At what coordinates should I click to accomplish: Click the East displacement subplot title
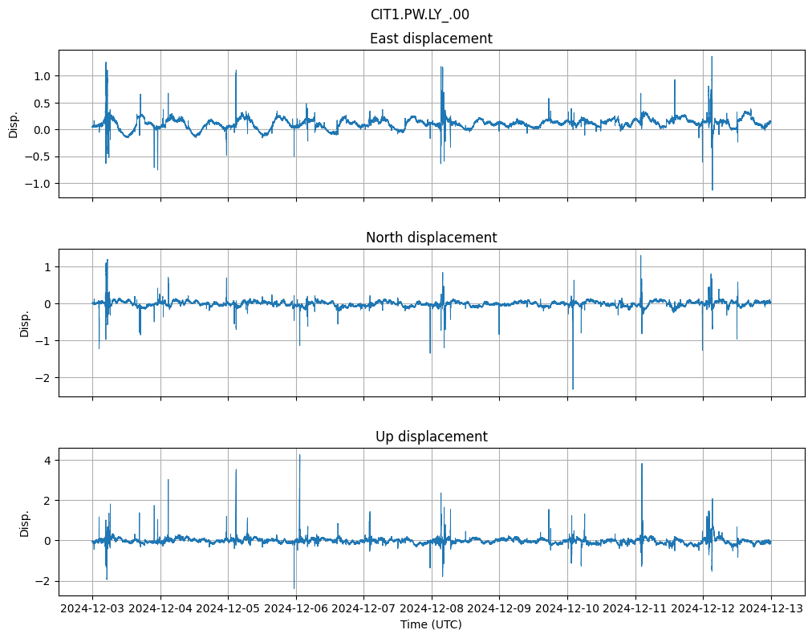(x=431, y=39)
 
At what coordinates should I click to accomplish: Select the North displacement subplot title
(x=431, y=238)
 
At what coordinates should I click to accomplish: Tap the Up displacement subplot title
(x=431, y=437)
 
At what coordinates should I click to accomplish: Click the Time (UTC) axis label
(x=431, y=624)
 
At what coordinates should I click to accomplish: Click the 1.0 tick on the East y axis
(x=41, y=76)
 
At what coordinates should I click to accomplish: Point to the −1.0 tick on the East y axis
(x=38, y=184)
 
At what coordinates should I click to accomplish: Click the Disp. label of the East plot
(x=14, y=124)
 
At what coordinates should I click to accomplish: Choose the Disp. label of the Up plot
(x=25, y=522)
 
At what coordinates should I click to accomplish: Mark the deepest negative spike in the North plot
(x=573, y=388)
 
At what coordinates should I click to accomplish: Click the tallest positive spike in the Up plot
(x=300, y=456)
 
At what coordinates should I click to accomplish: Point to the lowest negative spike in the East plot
(x=713, y=189)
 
